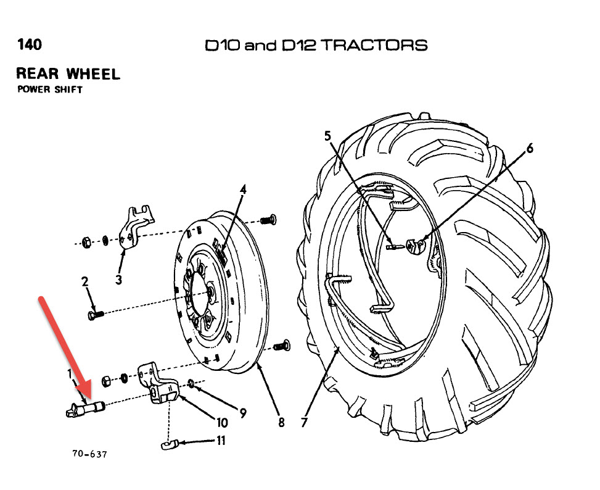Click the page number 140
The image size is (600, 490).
29,45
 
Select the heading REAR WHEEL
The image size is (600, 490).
68,74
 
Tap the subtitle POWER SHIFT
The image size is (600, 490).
50,89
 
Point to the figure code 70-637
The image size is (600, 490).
89,454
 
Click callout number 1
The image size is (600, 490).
70,375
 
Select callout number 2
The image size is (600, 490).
85,282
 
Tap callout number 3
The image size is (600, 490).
118,280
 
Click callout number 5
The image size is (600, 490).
328,136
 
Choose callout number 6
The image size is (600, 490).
529,148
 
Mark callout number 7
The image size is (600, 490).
303,423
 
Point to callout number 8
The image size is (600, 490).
281,423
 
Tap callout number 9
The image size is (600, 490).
243,413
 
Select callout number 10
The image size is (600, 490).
221,423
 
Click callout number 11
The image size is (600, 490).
221,441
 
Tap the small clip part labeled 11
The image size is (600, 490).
169,443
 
